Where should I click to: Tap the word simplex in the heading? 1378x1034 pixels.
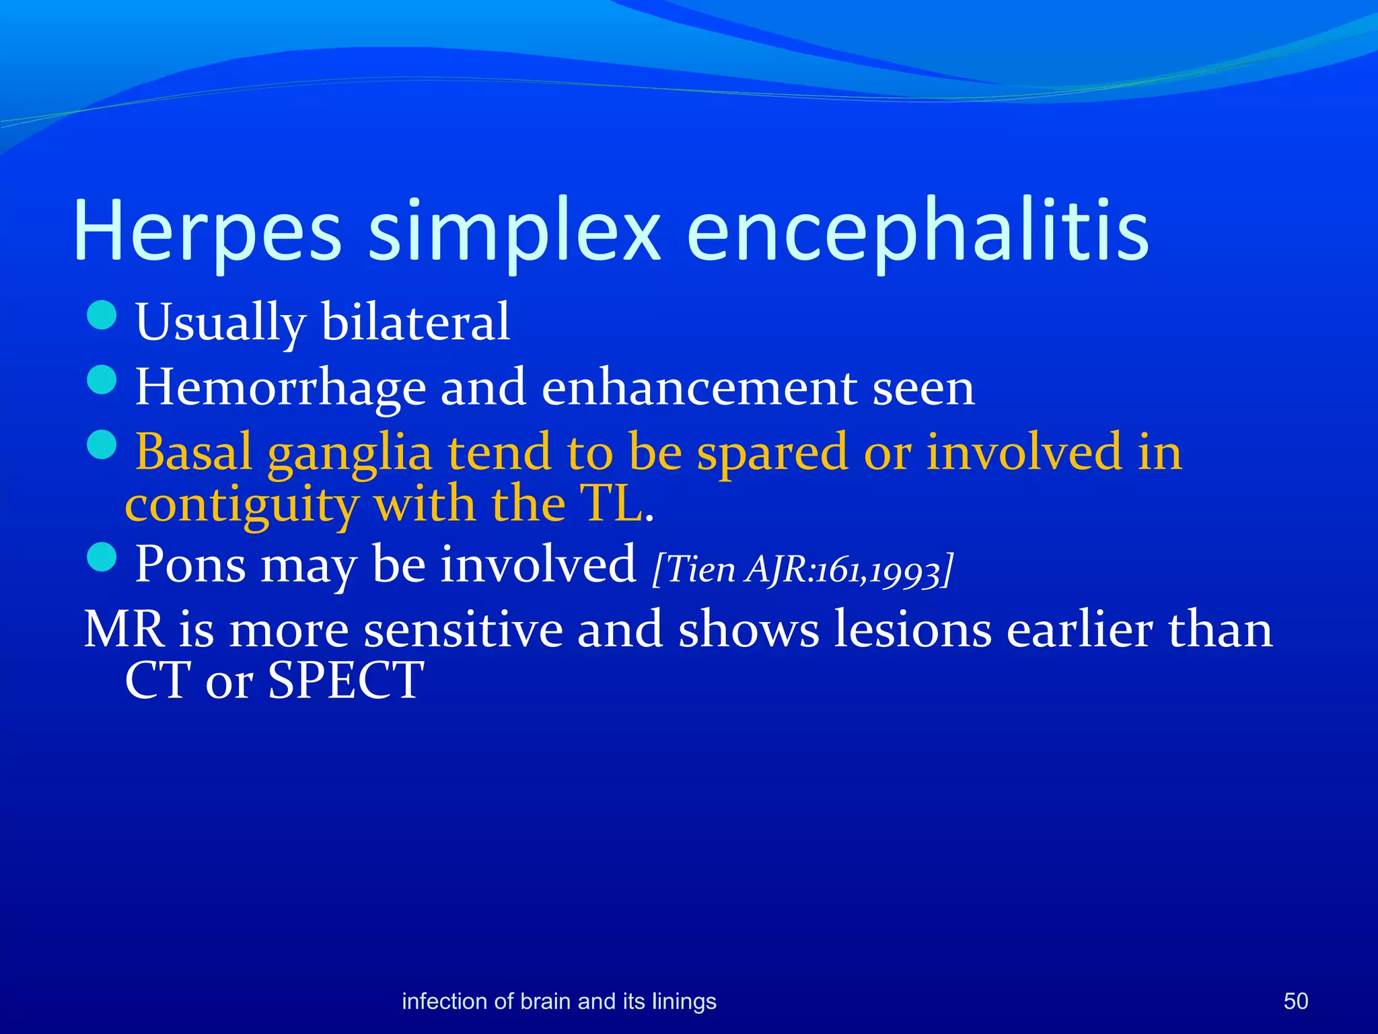(515, 232)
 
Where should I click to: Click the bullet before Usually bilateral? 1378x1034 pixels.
(102, 315)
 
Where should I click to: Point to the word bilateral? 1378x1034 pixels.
(415, 322)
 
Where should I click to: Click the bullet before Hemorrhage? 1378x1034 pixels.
(102, 380)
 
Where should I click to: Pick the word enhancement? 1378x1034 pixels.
(699, 387)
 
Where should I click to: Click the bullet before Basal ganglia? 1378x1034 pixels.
(102, 445)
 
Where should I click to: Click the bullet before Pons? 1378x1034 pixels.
(102, 557)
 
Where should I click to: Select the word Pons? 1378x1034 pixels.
(190, 564)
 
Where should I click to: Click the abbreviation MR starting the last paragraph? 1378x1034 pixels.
(124, 629)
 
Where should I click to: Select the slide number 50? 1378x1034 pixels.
(1295, 1001)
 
